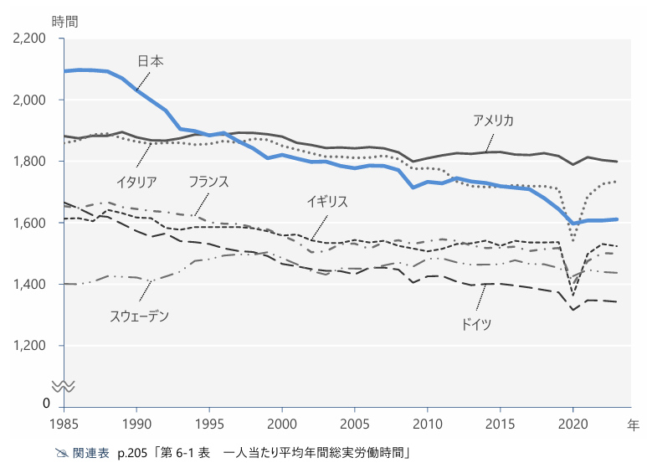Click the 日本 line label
coord(151,61)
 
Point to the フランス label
coord(208,182)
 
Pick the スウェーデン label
coord(139,316)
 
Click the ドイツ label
coord(476,323)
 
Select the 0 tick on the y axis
coord(46,404)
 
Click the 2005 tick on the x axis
coord(355,423)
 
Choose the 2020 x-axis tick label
coord(573,423)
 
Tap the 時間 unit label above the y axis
coord(64,21)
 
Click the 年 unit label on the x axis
coord(634,424)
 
